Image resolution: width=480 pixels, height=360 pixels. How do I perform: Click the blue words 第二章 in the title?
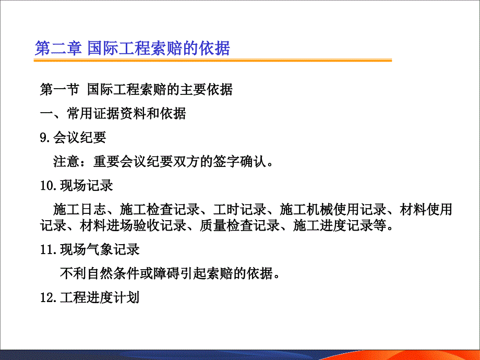pos(58,48)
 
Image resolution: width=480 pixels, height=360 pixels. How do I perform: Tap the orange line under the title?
pos(213,61)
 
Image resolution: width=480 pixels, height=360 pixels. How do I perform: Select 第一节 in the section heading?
pos(59,89)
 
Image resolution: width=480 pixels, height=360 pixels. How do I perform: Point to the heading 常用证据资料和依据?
pos(126,113)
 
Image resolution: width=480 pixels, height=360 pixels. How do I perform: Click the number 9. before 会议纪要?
pos(45,137)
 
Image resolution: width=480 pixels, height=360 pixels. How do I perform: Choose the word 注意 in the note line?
pos(66,161)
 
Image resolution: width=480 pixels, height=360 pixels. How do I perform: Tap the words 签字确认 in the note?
pos(239,161)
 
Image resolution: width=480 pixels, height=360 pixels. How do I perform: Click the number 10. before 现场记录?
pos(49,186)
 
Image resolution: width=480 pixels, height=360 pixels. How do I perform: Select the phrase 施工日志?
pos(80,209)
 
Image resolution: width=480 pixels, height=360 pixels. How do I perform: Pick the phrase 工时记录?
pos(239,209)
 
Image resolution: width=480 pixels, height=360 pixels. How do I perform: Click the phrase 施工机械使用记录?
pos(333,209)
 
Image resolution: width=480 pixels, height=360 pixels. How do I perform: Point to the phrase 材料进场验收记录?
pos(133,225)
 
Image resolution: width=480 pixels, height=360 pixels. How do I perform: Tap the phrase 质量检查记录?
pos(239,225)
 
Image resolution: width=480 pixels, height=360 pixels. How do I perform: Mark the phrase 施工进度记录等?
pos(340,225)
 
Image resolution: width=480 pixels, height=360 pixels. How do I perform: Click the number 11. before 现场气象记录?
pos(49,249)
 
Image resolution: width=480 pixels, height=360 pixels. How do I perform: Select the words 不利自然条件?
pos(100,273)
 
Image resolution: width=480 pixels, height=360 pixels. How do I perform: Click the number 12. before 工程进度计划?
pos(49,297)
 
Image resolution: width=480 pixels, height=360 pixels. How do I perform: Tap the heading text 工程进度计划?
pos(100,297)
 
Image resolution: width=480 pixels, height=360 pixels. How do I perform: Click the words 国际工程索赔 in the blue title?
pos(135,48)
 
